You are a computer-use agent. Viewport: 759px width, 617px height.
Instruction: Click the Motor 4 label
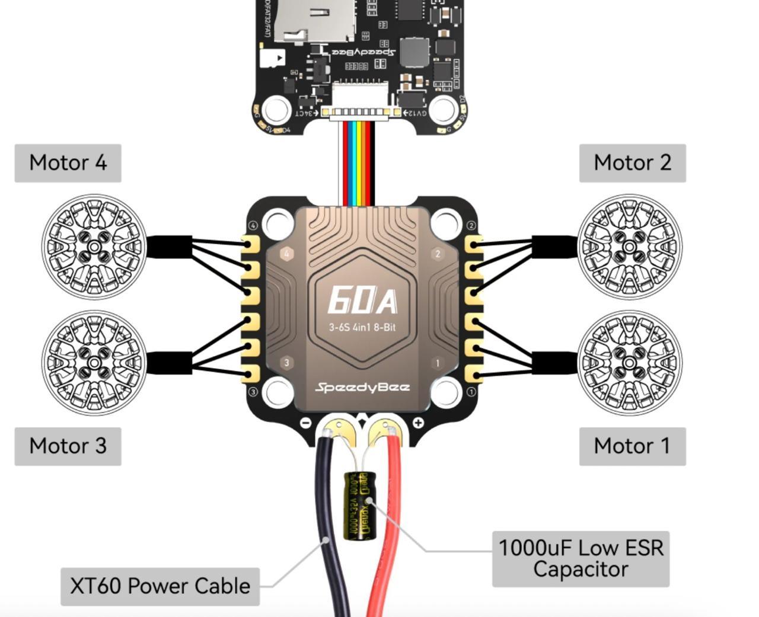tap(68, 163)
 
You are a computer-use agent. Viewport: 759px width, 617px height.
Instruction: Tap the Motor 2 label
tap(632, 163)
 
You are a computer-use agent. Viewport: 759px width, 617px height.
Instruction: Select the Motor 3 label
tap(68, 446)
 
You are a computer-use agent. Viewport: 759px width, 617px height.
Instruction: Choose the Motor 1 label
tap(632, 446)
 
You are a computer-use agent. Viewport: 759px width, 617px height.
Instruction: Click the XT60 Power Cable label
tap(160, 586)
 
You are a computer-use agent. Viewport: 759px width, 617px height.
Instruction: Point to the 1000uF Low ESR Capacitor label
tap(581, 558)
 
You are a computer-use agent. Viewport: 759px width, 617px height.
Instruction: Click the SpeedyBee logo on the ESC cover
tap(362, 388)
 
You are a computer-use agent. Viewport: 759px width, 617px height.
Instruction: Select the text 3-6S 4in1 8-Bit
tap(362, 327)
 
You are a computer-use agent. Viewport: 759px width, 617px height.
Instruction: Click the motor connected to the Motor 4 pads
tap(94, 246)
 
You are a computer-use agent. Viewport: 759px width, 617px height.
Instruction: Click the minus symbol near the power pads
tap(306, 423)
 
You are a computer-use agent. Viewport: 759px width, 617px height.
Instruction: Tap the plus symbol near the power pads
tap(419, 423)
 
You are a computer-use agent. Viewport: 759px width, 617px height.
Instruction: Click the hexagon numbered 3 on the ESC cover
tap(287, 363)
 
